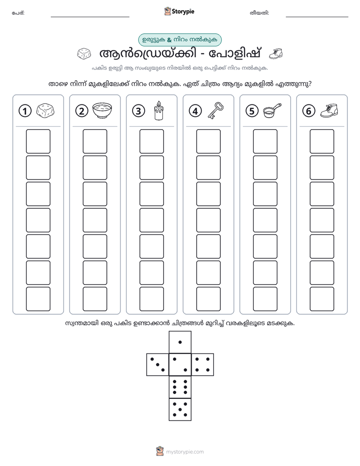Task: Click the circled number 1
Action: pyautogui.click(x=25, y=111)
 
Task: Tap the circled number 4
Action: pyautogui.click(x=195, y=111)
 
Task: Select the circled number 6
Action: pyautogui.click(x=309, y=111)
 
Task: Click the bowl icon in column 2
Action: pyautogui.click(x=102, y=110)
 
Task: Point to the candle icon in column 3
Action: pyautogui.click(x=159, y=110)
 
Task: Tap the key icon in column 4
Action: pyautogui.click(x=216, y=110)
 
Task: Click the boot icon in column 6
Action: pyautogui.click(x=329, y=110)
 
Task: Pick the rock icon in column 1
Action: pyautogui.click(x=45, y=111)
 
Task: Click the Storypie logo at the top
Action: pyautogui.click(x=179, y=12)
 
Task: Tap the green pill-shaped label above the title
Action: pyautogui.click(x=179, y=40)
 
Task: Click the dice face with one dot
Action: pyautogui.click(x=180, y=342)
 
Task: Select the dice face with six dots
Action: pyautogui.click(x=180, y=387)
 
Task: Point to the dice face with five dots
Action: pyautogui.click(x=180, y=410)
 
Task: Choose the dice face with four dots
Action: pyautogui.click(x=203, y=365)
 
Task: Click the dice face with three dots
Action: pyautogui.click(x=158, y=365)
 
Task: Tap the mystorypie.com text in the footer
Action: pyautogui.click(x=185, y=452)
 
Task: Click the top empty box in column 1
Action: pyautogui.click(x=38, y=141)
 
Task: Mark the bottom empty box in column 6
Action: pyautogui.click(x=322, y=299)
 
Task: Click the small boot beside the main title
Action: pyautogui.click(x=276, y=53)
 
